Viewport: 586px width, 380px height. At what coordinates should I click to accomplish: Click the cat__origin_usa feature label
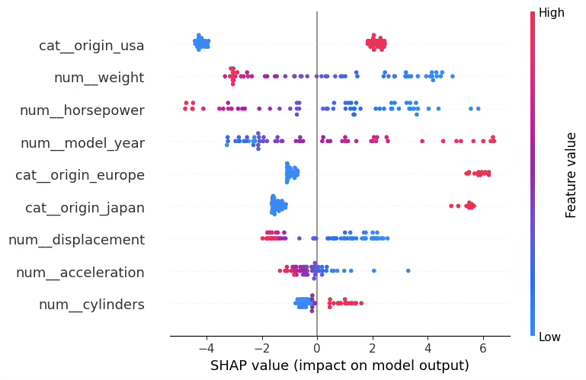click(91, 46)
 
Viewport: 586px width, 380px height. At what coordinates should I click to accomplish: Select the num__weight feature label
click(99, 78)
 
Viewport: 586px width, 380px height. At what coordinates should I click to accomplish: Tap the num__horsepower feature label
click(82, 110)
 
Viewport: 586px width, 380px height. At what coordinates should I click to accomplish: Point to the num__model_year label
click(82, 143)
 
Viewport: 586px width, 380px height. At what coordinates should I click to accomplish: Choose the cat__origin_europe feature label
click(80, 175)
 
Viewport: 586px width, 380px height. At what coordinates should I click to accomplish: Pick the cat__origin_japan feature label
click(85, 208)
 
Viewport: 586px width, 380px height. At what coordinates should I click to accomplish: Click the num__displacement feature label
click(76, 240)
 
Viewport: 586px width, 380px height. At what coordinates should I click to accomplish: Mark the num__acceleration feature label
click(80, 273)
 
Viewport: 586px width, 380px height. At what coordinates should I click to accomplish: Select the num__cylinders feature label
click(91, 305)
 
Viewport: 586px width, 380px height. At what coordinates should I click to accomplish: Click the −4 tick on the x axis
click(206, 348)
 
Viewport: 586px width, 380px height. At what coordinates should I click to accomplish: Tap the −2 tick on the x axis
click(261, 348)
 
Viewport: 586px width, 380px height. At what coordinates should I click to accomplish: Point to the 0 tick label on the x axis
click(317, 348)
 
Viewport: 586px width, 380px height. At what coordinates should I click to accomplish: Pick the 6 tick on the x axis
click(483, 348)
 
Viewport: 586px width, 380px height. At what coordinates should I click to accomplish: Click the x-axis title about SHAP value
click(339, 366)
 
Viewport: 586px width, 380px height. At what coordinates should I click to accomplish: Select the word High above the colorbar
click(551, 13)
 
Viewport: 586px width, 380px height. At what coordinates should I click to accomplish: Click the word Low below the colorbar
click(549, 337)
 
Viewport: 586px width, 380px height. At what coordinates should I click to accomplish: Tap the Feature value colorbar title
click(572, 174)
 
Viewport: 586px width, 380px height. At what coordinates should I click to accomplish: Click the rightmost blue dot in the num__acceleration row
click(408, 270)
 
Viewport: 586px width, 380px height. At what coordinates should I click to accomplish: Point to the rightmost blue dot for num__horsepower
click(478, 109)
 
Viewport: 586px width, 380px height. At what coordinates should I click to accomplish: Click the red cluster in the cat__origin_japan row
click(469, 206)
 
